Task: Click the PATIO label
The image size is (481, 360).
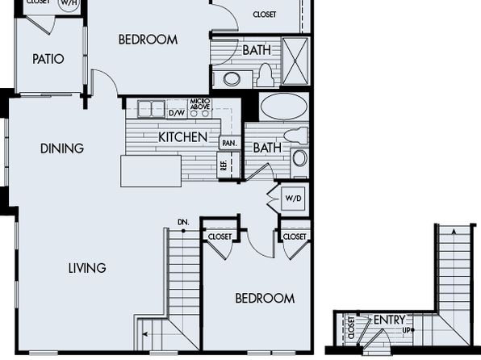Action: tap(48, 59)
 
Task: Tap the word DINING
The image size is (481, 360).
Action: tap(62, 149)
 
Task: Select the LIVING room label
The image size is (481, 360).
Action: tap(87, 268)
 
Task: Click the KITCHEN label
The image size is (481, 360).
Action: tap(183, 137)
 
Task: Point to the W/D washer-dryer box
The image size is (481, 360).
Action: tap(293, 199)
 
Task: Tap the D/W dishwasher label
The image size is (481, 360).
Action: tap(177, 113)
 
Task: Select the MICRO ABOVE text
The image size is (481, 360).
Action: tap(200, 104)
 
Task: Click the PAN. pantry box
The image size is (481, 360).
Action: tap(229, 143)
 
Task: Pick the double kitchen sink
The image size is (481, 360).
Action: tap(151, 109)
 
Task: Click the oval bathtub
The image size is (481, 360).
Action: tap(284, 106)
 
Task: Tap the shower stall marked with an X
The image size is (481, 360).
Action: tap(295, 61)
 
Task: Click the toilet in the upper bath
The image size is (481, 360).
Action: tap(265, 74)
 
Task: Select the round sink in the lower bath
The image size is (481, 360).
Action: tap(299, 158)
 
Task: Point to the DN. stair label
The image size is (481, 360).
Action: tap(183, 222)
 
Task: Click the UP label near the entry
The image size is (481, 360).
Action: tap(406, 330)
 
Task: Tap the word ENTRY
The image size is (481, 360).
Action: tap(389, 320)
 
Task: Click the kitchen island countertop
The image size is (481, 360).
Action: tap(151, 171)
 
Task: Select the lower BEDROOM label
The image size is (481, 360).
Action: tap(265, 299)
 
